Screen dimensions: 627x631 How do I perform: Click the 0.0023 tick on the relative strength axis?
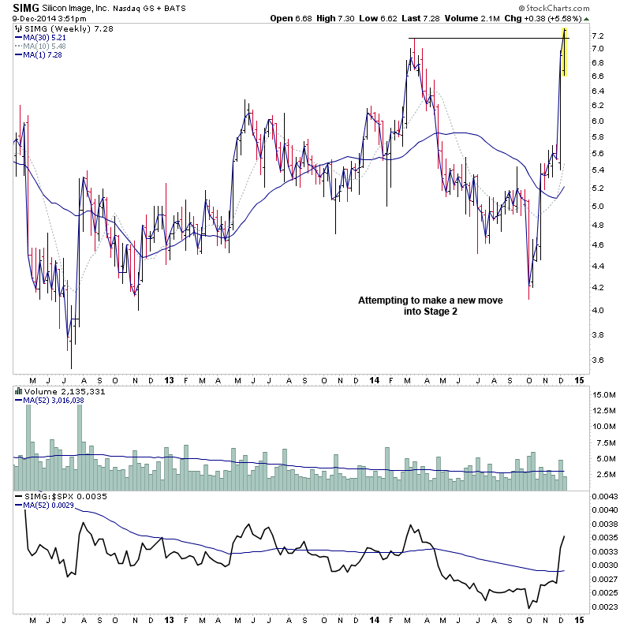[x=605, y=606]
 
